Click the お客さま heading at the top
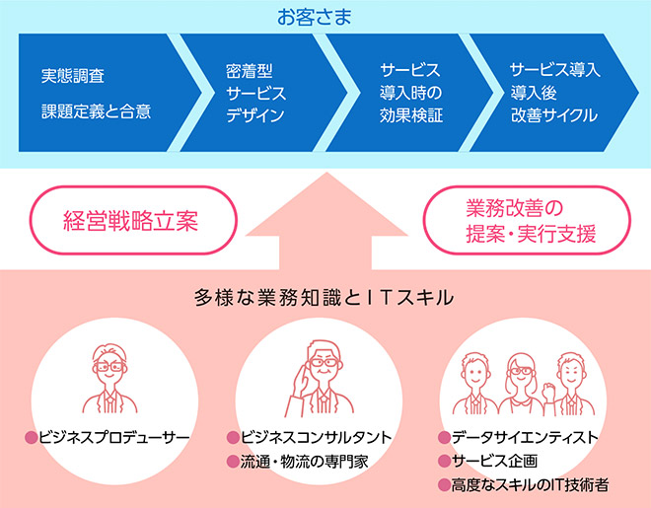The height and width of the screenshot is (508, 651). click(315, 17)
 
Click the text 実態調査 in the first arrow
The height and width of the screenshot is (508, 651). click(73, 76)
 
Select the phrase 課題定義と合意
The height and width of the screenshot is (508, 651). click(96, 111)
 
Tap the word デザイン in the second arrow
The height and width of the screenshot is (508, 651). click(255, 115)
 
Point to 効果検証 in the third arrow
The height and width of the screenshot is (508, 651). click(411, 115)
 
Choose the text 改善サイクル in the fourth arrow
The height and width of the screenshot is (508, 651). click(554, 115)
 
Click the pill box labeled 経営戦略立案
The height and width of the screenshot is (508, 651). click(133, 220)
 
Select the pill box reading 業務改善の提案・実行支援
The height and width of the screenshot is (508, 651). click(527, 220)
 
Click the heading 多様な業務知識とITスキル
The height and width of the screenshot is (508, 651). click(324, 298)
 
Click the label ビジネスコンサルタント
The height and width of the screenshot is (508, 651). click(317, 437)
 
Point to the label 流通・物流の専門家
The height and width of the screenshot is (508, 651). click(305, 462)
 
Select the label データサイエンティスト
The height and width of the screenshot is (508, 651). click(525, 437)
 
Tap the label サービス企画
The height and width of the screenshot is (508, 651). click(494, 461)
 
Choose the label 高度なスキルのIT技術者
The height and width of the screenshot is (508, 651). click(531, 484)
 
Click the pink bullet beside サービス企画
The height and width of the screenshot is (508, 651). click(444, 461)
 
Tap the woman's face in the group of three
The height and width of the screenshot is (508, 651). click(521, 372)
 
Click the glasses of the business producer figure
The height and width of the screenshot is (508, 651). click(109, 367)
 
